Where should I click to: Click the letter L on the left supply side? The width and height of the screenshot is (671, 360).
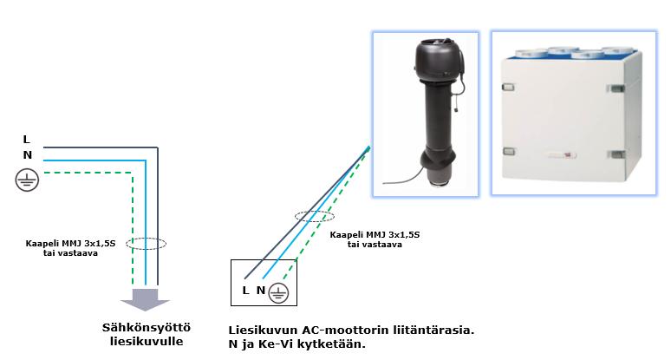click(x=26, y=139)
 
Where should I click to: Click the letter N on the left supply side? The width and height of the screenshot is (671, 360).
click(x=27, y=154)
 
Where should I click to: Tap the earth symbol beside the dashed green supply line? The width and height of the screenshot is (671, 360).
click(x=27, y=180)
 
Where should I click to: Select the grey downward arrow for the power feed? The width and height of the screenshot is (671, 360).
click(x=145, y=298)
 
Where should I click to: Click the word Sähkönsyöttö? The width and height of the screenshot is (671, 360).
click(x=146, y=327)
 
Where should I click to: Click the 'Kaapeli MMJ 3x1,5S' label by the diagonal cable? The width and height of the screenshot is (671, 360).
click(x=375, y=235)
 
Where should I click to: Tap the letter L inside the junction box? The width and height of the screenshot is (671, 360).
click(x=246, y=291)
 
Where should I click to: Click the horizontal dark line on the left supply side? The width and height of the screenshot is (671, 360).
click(x=95, y=147)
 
